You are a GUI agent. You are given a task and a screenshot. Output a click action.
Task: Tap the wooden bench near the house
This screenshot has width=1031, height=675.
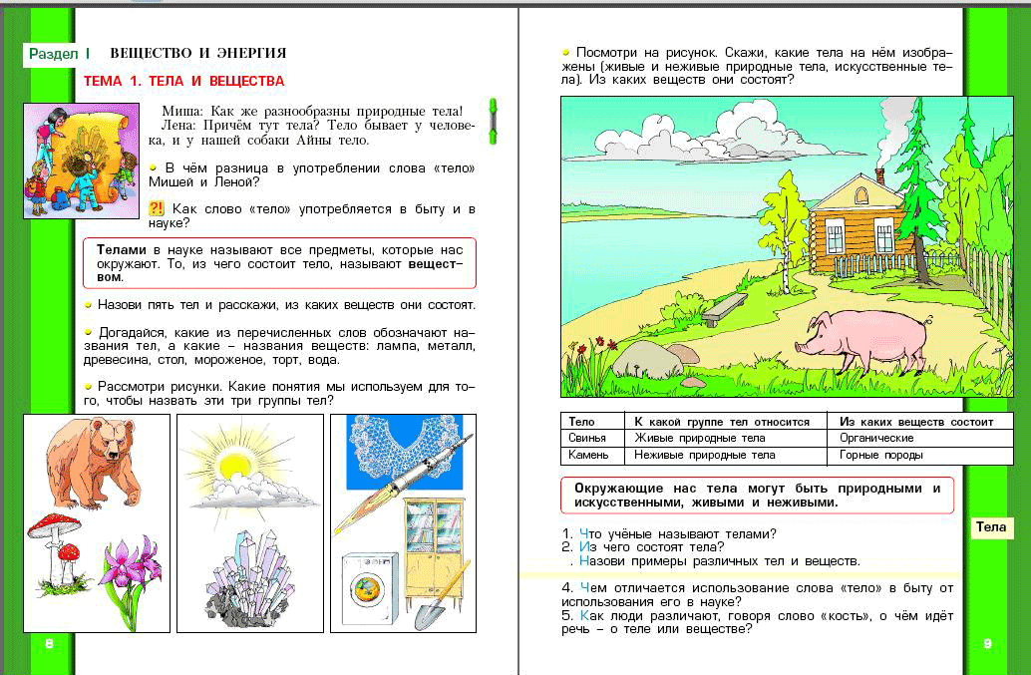tap(725, 308)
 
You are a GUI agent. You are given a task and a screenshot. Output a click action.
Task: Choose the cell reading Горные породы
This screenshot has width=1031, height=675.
tap(881, 455)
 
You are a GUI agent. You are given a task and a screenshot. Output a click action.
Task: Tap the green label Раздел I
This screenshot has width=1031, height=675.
tap(60, 53)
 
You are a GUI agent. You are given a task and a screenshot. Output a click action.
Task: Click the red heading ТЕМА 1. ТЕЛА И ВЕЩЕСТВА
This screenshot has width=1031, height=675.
tap(184, 81)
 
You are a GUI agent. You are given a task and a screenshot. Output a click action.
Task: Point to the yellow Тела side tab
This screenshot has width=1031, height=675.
tap(991, 527)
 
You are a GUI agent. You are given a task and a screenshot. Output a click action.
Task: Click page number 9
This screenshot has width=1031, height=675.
tap(987, 644)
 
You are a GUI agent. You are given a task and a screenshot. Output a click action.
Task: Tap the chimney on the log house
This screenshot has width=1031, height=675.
tap(879, 175)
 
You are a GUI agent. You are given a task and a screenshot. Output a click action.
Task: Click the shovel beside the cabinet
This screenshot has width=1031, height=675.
tap(439, 598)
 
